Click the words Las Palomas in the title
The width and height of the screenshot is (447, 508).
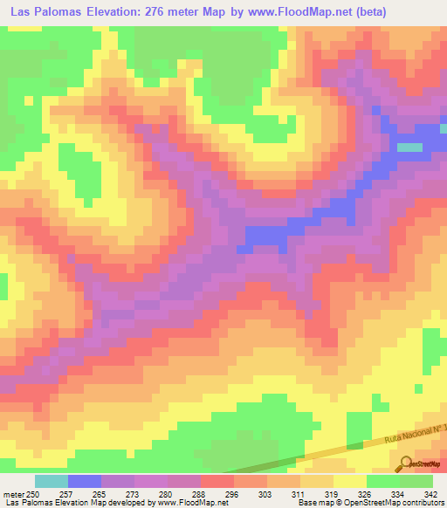point(44,11)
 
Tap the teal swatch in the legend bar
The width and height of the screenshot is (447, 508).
point(52,481)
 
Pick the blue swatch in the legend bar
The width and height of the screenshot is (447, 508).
point(85,481)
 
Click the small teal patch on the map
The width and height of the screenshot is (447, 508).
point(409,148)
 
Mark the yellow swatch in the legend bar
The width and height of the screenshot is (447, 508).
point(350,481)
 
